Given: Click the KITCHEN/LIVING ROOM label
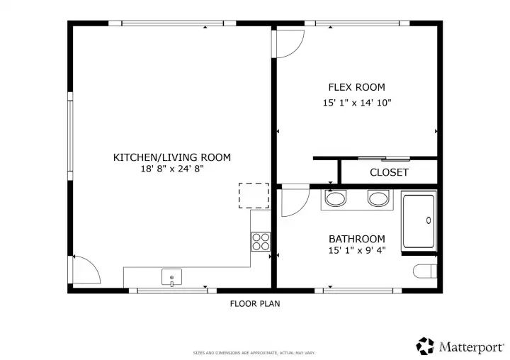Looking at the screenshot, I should [x=172, y=157].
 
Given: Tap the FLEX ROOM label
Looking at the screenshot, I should [x=356, y=87].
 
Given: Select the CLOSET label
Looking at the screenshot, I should [x=389, y=172].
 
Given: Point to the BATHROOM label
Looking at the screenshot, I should [x=356, y=239].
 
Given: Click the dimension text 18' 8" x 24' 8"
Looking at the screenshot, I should [x=172, y=169].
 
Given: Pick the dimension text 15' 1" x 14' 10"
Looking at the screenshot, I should [x=356, y=103].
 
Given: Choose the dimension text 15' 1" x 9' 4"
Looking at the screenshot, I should [x=356, y=250].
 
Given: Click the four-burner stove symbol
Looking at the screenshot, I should [x=261, y=241].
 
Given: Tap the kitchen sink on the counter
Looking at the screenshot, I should [x=172, y=276].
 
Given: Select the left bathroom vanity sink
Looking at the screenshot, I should [x=335, y=198].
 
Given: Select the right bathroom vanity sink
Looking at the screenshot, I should [x=378, y=198].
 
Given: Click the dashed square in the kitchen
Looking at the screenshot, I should [x=254, y=195].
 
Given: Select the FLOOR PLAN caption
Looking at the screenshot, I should [x=254, y=304].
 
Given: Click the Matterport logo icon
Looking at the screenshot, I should [x=425, y=346].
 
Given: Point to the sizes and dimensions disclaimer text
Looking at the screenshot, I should [x=254, y=352].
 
